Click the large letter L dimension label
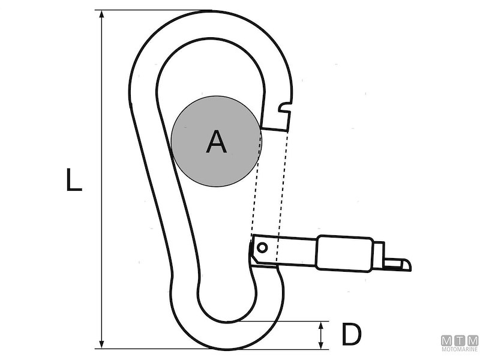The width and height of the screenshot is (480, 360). pos(73,180)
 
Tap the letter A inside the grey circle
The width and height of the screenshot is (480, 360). pos(216,142)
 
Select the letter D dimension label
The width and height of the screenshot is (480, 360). pos(351,335)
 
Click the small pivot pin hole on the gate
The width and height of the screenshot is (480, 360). pos(262,247)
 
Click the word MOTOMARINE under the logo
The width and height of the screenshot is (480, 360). pos(460,349)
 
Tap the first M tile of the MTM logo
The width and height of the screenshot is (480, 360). pos(448,340)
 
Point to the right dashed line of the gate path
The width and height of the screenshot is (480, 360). pos(281,192)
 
